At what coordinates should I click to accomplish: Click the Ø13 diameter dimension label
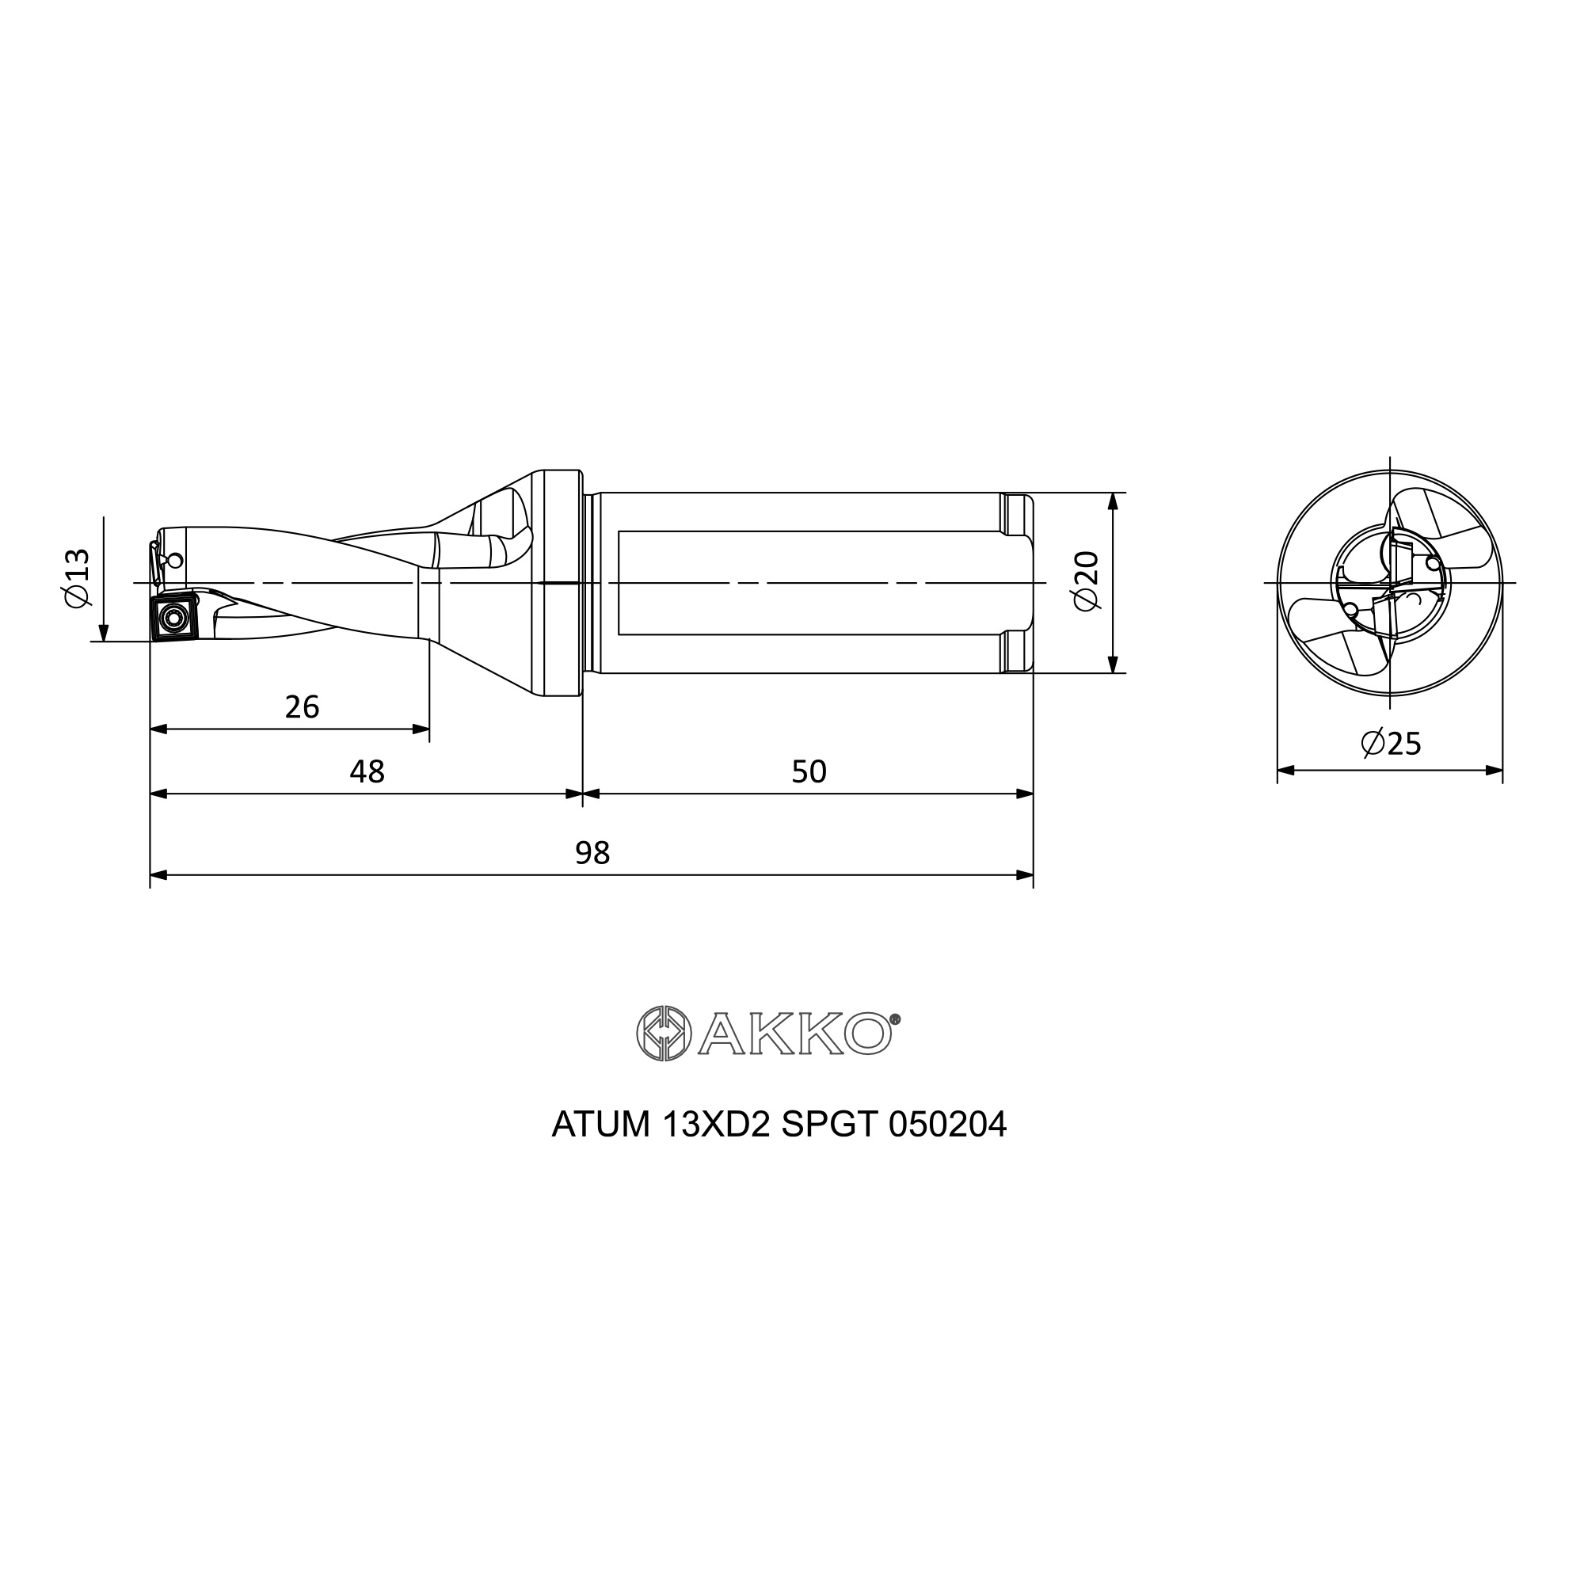click(77, 578)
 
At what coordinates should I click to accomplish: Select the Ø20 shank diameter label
click(1086, 581)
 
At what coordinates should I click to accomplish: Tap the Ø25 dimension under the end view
click(1391, 743)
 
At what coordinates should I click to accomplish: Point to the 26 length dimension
click(302, 706)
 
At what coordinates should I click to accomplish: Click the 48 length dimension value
click(367, 771)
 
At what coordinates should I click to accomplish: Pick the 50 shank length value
click(809, 771)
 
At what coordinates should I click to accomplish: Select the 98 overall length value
click(592, 854)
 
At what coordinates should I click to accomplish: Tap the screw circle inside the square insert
click(173, 616)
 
